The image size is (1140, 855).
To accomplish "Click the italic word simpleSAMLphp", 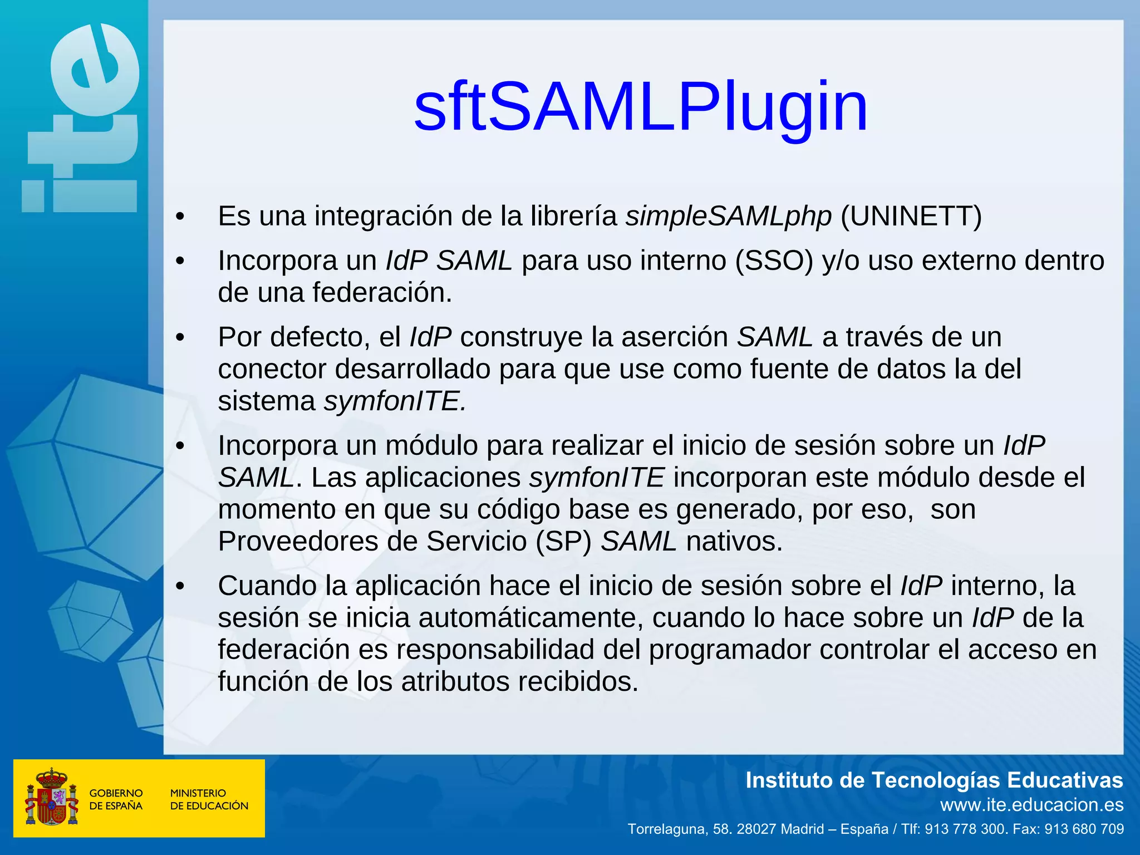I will [x=728, y=216].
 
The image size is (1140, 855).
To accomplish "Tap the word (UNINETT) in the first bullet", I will [x=911, y=216].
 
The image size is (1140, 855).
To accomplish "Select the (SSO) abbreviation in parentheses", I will [x=774, y=261].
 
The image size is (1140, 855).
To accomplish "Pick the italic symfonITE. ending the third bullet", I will [x=395, y=401].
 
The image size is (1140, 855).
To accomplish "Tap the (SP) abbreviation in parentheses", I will [x=563, y=541].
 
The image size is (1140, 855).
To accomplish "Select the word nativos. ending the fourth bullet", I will [x=734, y=541].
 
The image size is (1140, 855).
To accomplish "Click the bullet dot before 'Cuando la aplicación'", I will [x=179, y=587].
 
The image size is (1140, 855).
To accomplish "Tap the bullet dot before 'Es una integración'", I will [x=179, y=217].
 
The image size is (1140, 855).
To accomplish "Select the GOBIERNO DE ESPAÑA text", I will [x=116, y=799].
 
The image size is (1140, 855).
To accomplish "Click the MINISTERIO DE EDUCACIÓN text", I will [x=209, y=799].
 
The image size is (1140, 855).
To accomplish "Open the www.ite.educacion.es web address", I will [x=1031, y=804].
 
